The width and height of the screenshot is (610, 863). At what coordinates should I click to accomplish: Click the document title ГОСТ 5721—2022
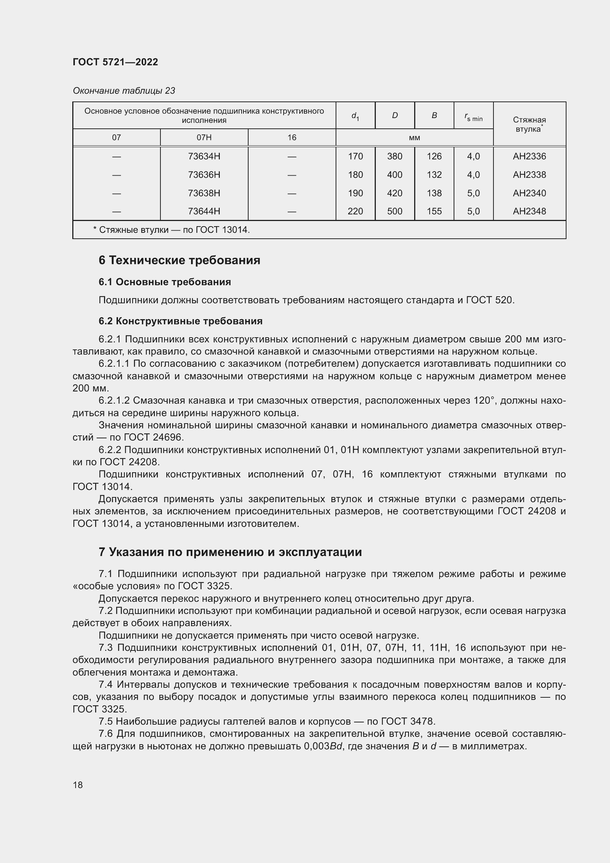(115, 62)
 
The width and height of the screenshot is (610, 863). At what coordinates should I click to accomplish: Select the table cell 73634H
(204, 156)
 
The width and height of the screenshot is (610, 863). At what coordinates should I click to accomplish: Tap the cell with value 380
(394, 156)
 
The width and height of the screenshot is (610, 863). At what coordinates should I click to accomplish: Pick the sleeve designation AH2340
(529, 193)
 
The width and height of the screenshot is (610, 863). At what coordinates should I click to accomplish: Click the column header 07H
(204, 138)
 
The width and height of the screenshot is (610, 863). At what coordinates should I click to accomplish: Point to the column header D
(394, 115)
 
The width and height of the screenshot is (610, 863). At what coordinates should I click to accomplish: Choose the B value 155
(434, 211)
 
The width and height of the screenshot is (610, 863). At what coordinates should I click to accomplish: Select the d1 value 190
(355, 193)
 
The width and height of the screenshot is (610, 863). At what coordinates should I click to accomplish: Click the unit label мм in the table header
(414, 138)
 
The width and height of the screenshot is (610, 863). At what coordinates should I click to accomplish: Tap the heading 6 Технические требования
(179, 260)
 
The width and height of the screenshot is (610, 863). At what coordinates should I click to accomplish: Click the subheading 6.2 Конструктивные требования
(180, 321)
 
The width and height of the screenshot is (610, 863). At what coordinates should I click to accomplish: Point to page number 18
(78, 785)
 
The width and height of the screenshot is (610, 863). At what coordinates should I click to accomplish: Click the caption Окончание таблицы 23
(124, 91)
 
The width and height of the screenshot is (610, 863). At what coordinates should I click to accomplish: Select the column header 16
(292, 138)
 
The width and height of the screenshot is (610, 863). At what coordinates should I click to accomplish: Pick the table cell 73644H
(204, 211)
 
